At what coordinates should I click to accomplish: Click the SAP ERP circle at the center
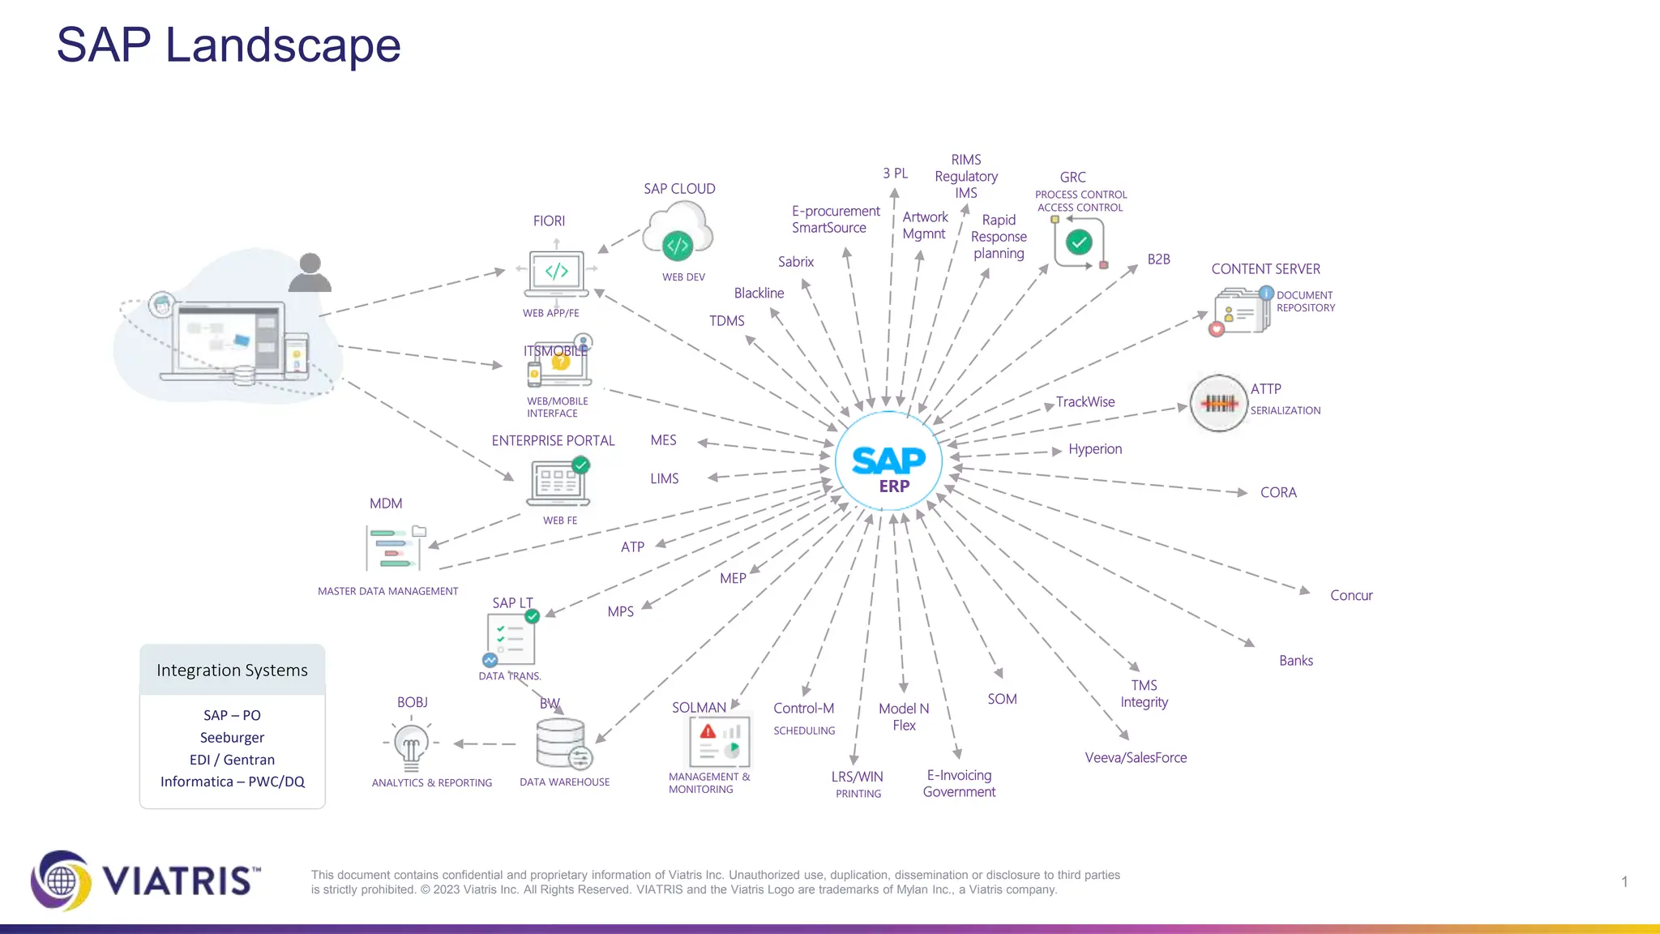coord(888,461)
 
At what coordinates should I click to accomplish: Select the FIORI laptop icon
coord(556,274)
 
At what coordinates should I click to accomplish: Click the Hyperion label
coord(1094,449)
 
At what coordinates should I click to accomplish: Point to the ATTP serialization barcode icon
coord(1218,403)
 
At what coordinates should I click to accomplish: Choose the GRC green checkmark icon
coord(1079,242)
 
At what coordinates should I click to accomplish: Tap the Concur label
coord(1350,596)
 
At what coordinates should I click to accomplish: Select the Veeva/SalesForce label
coord(1136,758)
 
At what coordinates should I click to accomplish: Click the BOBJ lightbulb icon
coord(411,744)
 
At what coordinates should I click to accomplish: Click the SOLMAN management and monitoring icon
coord(719,742)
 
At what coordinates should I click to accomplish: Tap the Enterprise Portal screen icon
coord(558,482)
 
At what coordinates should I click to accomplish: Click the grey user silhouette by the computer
coord(310,273)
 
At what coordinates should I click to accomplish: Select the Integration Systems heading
coord(232,671)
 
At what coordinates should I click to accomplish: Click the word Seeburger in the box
coord(232,738)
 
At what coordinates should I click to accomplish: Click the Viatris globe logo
coord(61,880)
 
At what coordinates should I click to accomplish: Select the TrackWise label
coord(1085,402)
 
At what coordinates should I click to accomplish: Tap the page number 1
coord(1624,882)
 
